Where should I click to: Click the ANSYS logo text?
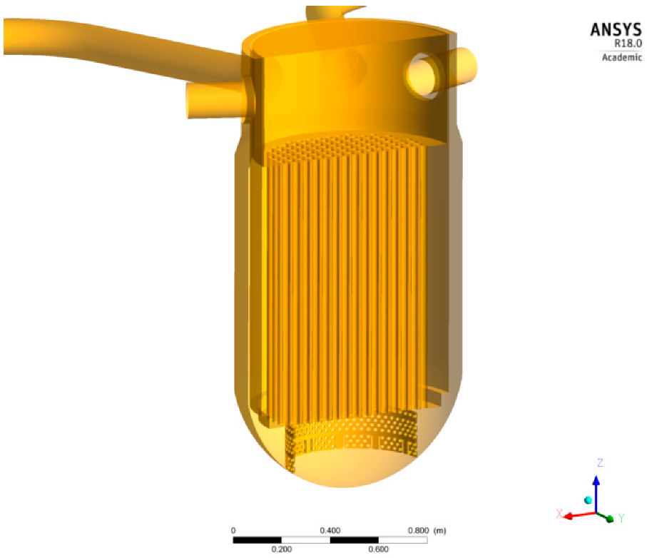point(616,29)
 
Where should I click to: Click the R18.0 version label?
point(626,44)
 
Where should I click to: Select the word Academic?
point(622,58)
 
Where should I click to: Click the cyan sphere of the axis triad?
point(588,499)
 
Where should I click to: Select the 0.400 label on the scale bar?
point(330,531)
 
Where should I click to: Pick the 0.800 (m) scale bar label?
point(427,531)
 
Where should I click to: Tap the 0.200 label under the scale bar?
point(282,549)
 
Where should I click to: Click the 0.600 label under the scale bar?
point(378,549)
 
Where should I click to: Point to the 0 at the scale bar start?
point(233,531)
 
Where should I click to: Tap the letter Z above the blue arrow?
point(600,462)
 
